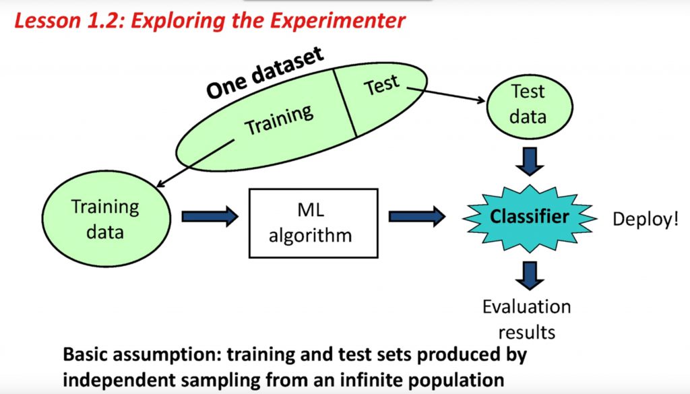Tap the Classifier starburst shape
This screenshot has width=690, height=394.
click(530, 217)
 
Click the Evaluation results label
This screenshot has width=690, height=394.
click(527, 319)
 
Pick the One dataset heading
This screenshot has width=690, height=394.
click(264, 73)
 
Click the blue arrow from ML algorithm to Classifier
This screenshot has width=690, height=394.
click(416, 216)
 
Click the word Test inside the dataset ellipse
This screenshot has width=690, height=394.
click(381, 86)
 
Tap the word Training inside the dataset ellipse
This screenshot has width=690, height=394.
click(279, 119)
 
